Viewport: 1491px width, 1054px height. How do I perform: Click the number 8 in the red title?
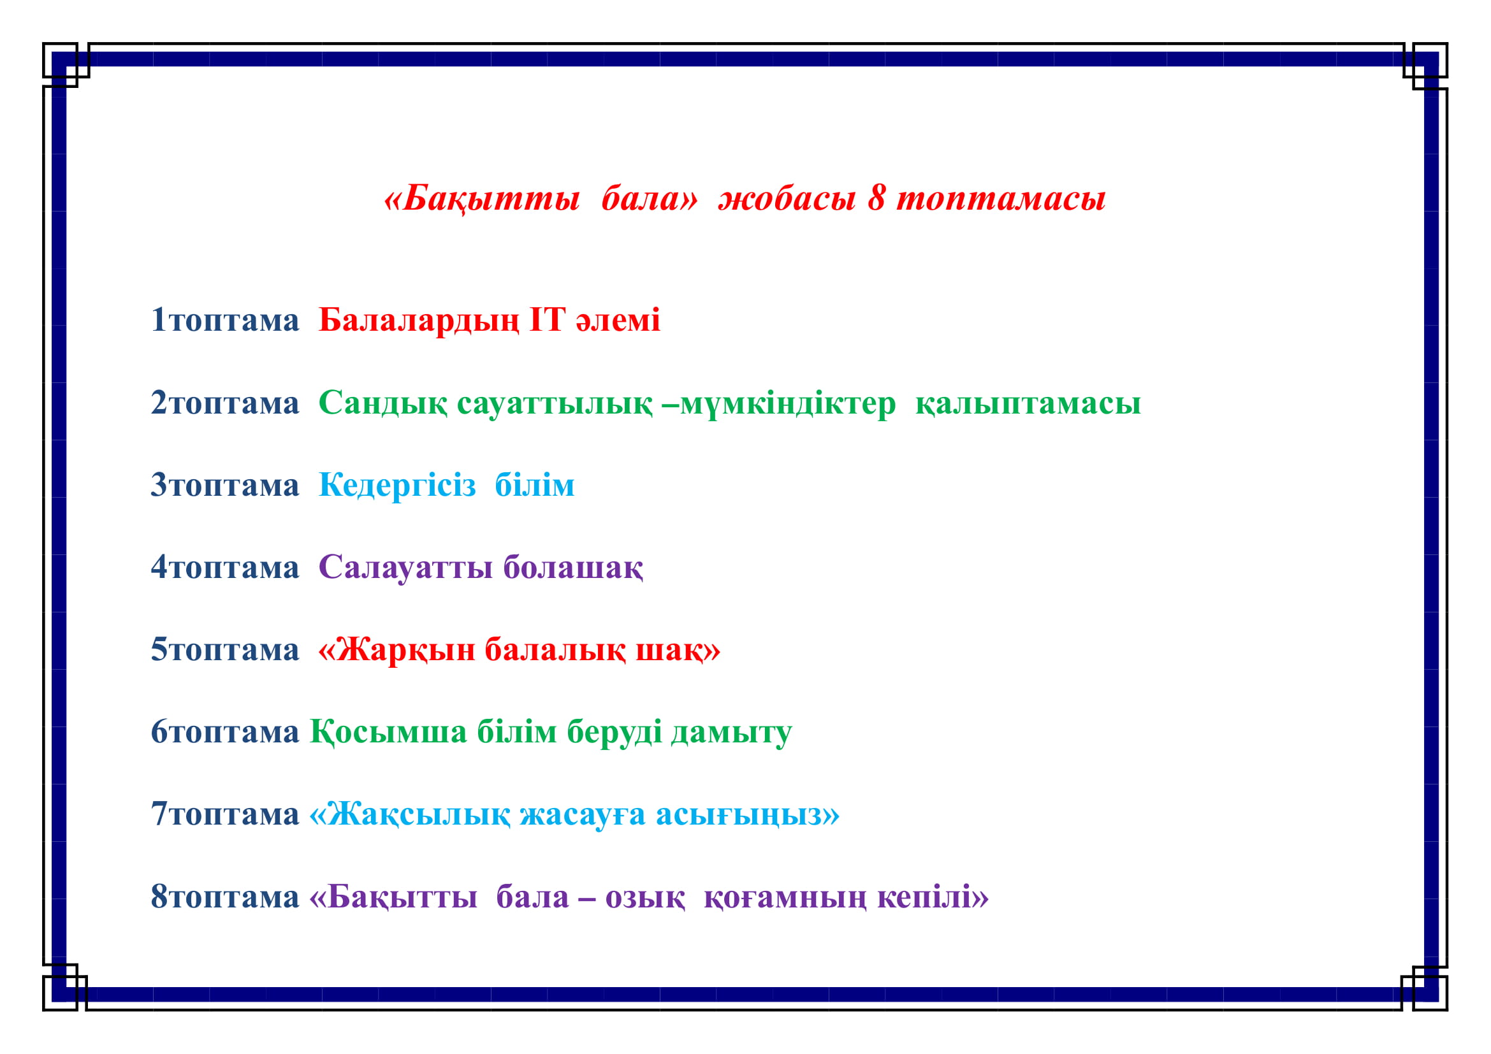[x=876, y=198]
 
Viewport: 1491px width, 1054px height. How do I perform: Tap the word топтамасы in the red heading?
[x=1001, y=199]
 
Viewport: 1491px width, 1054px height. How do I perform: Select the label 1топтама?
[x=224, y=320]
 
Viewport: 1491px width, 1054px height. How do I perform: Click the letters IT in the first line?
[x=547, y=319]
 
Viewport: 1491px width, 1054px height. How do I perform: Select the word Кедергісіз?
[x=397, y=486]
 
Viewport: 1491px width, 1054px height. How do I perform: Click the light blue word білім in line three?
[x=535, y=485]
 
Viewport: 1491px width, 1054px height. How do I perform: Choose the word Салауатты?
[x=406, y=568]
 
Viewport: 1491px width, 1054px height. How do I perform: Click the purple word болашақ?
[x=574, y=568]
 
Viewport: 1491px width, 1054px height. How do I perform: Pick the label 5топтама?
[x=224, y=649]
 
